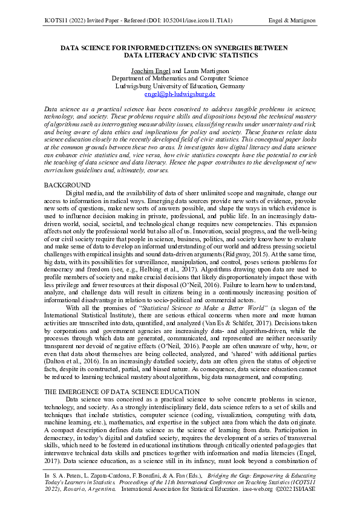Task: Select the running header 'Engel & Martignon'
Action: [x=292, y=21]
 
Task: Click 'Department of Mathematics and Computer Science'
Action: [x=180, y=79]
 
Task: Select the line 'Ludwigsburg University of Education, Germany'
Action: [x=180, y=86]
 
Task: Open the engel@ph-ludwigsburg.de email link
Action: [x=180, y=94]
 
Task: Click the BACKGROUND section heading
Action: [x=68, y=185]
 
